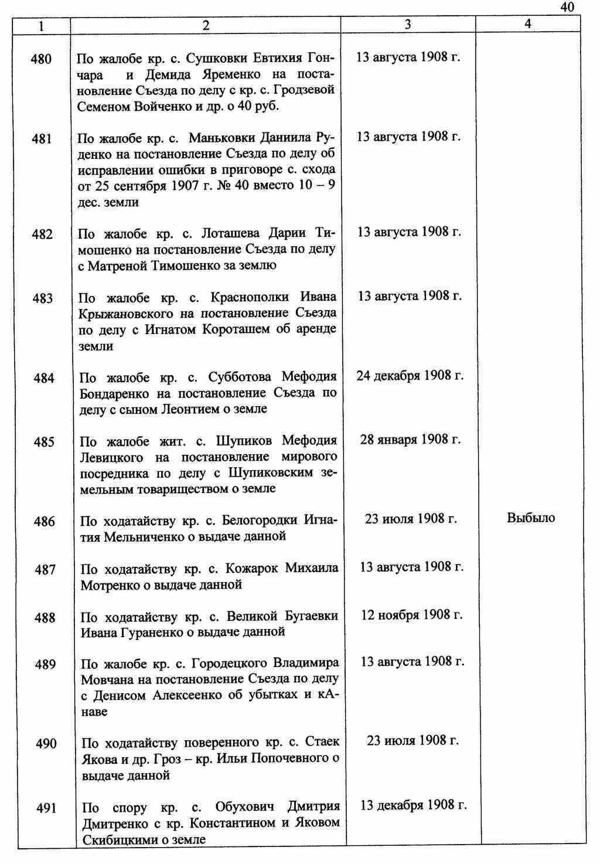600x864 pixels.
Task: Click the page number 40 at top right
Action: [x=567, y=7]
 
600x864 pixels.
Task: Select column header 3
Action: [x=407, y=24]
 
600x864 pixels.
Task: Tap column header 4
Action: [x=528, y=24]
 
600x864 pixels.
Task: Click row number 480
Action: [x=42, y=59]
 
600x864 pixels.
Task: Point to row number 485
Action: [x=44, y=442]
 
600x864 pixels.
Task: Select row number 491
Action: [x=46, y=808]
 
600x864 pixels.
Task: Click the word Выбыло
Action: [x=530, y=518]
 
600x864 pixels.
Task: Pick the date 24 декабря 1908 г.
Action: [x=410, y=375]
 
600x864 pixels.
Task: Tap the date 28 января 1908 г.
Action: [x=410, y=440]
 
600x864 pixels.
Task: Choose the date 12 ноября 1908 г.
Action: [x=411, y=615]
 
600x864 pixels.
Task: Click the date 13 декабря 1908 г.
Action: [x=414, y=805]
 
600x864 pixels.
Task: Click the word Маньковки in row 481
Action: [x=221, y=138]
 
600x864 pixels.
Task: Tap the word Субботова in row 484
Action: [x=243, y=377]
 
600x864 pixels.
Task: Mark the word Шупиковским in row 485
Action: [x=272, y=472]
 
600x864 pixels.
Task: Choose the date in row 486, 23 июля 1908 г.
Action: [x=411, y=519]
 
